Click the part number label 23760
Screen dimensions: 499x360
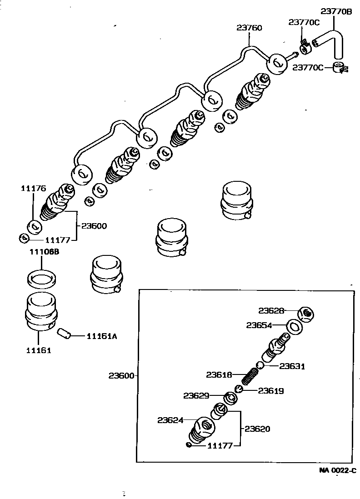coord(249,28)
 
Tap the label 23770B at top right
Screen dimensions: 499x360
coord(336,12)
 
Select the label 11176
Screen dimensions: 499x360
coord(33,189)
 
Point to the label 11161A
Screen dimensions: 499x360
coord(102,336)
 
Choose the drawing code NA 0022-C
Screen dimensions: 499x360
coord(337,470)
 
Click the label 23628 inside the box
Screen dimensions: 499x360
coord(271,311)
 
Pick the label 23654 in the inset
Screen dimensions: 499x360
coord(260,325)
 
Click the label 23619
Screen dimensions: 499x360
coord(271,390)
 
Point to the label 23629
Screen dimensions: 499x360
coord(196,395)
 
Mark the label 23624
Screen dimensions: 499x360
coord(170,420)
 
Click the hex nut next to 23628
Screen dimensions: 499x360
coord(307,313)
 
